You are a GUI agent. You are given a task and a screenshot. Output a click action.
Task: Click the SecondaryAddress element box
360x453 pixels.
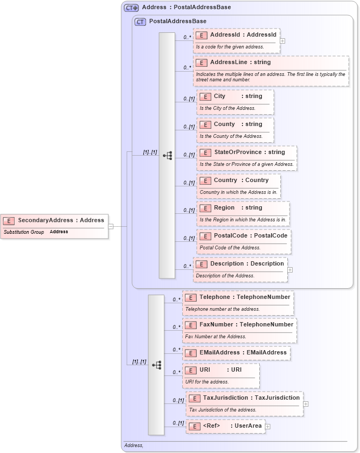click(54, 226)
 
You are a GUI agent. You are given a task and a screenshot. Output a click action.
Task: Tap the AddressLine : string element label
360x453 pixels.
click(240, 62)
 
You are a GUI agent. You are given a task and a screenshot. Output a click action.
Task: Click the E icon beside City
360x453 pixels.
click(205, 96)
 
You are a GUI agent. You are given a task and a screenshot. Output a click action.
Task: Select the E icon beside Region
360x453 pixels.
click(205, 208)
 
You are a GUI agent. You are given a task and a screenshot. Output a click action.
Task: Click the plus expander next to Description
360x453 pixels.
click(290, 270)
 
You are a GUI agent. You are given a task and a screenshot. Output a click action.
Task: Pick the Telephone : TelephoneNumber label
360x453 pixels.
click(245, 297)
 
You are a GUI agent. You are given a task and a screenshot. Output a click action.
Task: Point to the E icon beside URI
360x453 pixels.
click(190, 370)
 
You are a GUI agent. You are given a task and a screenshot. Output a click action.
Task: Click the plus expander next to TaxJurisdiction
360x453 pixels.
click(306, 403)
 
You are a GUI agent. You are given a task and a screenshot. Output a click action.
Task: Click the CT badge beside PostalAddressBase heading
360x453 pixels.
click(140, 22)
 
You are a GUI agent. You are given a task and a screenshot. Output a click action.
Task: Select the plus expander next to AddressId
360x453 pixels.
click(282, 40)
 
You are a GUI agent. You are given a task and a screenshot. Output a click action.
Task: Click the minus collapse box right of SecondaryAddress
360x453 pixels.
click(111, 226)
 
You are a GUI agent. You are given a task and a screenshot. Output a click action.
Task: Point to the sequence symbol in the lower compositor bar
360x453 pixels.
click(157, 365)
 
